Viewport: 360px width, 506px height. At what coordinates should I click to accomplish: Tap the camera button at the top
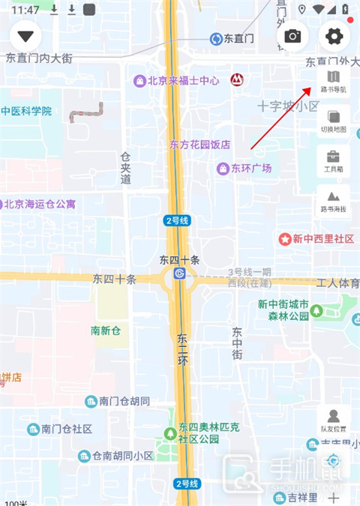(x=292, y=36)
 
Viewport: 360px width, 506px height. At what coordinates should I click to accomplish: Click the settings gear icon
(x=334, y=36)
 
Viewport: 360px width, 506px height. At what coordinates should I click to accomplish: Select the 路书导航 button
(x=334, y=81)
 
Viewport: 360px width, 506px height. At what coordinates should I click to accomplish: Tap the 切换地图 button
(x=334, y=121)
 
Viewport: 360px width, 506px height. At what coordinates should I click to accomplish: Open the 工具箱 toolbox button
(x=334, y=161)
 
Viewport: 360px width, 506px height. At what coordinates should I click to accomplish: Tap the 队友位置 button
(x=334, y=421)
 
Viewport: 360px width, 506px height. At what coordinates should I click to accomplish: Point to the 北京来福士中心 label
(x=177, y=80)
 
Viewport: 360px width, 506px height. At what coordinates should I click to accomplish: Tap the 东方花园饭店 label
(x=199, y=145)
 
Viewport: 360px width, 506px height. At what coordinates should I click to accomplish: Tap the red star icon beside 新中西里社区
(x=285, y=239)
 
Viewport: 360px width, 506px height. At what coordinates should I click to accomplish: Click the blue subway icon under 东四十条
(x=179, y=274)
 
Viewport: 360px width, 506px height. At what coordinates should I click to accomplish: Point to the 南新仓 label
(x=106, y=331)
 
